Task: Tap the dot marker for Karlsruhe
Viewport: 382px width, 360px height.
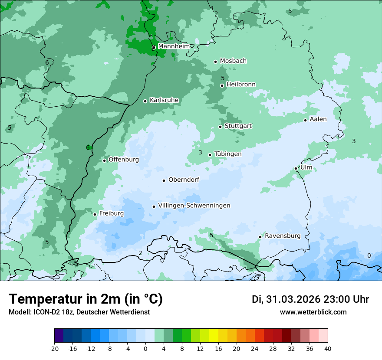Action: pyautogui.click(x=145, y=101)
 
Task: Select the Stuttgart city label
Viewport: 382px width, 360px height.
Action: pyautogui.click(x=238, y=126)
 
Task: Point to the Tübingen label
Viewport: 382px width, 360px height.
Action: pyautogui.click(x=228, y=154)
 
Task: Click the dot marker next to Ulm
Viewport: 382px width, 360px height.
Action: pyautogui.click(x=296, y=168)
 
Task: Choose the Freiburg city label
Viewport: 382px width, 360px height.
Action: pyautogui.click(x=111, y=213)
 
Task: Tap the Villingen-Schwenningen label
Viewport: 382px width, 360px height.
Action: pyautogui.click(x=194, y=206)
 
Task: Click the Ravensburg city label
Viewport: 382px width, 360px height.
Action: pyautogui.click(x=283, y=236)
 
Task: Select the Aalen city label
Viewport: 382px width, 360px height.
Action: pyautogui.click(x=318, y=119)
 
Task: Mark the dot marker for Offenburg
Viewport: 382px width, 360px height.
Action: pyautogui.click(x=105, y=160)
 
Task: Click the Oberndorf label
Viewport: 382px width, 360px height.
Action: pyautogui.click(x=184, y=180)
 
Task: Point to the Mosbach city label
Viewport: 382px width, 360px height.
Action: pyautogui.click(x=233, y=61)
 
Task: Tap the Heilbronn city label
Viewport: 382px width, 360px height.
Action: pyautogui.click(x=241, y=84)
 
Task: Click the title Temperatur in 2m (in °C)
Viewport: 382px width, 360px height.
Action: pyautogui.click(x=86, y=299)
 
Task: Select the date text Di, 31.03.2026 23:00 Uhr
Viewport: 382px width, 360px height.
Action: pyautogui.click(x=310, y=299)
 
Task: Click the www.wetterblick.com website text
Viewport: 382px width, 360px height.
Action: pyautogui.click(x=313, y=312)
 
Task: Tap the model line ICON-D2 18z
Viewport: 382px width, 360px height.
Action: pyautogui.click(x=79, y=312)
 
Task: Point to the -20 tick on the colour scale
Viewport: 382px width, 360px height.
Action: pyautogui.click(x=54, y=348)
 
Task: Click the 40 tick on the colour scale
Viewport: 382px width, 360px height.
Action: pyautogui.click(x=328, y=348)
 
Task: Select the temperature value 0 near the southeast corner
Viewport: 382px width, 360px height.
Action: pyautogui.click(x=369, y=255)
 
